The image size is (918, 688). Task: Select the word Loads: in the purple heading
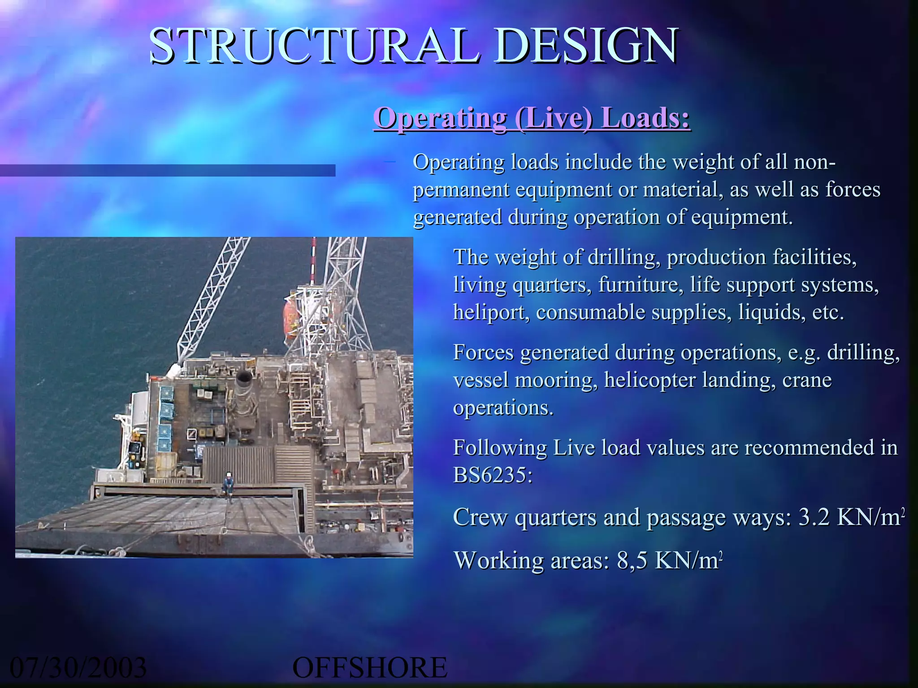click(x=645, y=118)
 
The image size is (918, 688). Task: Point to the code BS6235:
click(x=493, y=475)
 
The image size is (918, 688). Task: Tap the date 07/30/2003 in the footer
click(x=78, y=667)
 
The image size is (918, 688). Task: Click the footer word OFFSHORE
click(x=370, y=667)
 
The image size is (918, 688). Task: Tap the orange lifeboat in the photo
click(x=291, y=319)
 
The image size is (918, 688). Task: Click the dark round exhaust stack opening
click(x=244, y=377)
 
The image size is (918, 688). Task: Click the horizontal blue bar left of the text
click(x=168, y=170)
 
